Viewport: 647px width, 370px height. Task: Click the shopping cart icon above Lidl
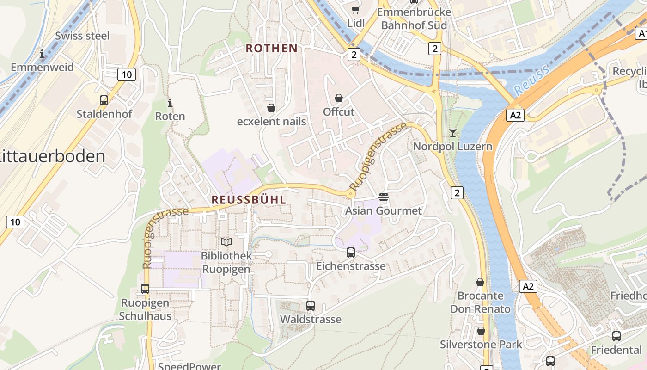coord(355,9)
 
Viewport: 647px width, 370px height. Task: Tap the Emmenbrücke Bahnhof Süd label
coord(414,18)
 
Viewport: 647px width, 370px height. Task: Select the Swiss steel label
coord(82,36)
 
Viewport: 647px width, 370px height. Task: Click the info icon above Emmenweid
coord(43,54)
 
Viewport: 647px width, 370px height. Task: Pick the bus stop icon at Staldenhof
coord(104,100)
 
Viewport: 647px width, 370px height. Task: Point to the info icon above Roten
coord(170,103)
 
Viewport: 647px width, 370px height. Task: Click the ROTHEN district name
coord(272,48)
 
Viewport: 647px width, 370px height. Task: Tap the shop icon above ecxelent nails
coord(271,108)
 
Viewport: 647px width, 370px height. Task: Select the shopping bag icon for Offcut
coord(339,98)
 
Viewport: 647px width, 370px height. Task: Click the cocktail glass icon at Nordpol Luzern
coord(452,133)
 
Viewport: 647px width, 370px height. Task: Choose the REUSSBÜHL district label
coord(249,200)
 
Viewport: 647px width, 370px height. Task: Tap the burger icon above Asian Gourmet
coord(383,197)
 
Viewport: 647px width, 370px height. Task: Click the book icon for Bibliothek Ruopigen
coord(226,242)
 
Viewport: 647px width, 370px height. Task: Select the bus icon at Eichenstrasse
coord(351,253)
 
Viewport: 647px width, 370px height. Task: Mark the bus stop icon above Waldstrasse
coord(311,306)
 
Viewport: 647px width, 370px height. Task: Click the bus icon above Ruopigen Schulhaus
coord(145,289)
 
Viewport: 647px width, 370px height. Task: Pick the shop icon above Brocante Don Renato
coord(480,282)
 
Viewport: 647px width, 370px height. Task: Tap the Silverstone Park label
coord(481,345)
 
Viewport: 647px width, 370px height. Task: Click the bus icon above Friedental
coord(616,336)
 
